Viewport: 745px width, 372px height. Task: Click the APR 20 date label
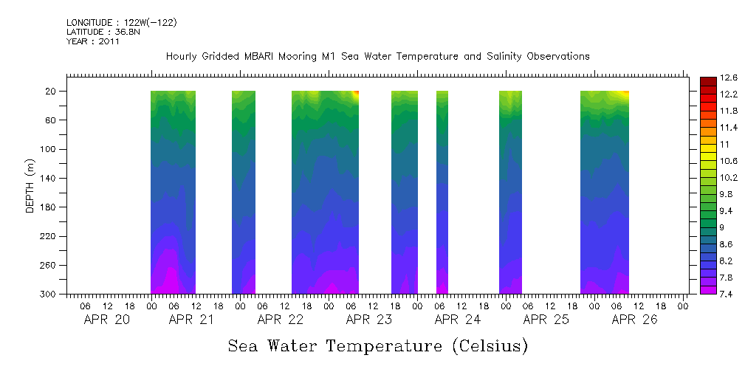(x=107, y=320)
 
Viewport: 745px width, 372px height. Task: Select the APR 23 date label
(x=369, y=320)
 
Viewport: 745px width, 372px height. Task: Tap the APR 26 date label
(x=635, y=320)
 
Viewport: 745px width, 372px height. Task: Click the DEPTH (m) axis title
(x=30, y=185)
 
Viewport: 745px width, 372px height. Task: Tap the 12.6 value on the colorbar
(x=729, y=77)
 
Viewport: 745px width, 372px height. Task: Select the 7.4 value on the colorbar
(x=727, y=294)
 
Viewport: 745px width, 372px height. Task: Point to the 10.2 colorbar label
(x=729, y=178)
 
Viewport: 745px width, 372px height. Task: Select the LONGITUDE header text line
(x=121, y=23)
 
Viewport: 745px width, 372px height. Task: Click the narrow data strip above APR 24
(x=442, y=192)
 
